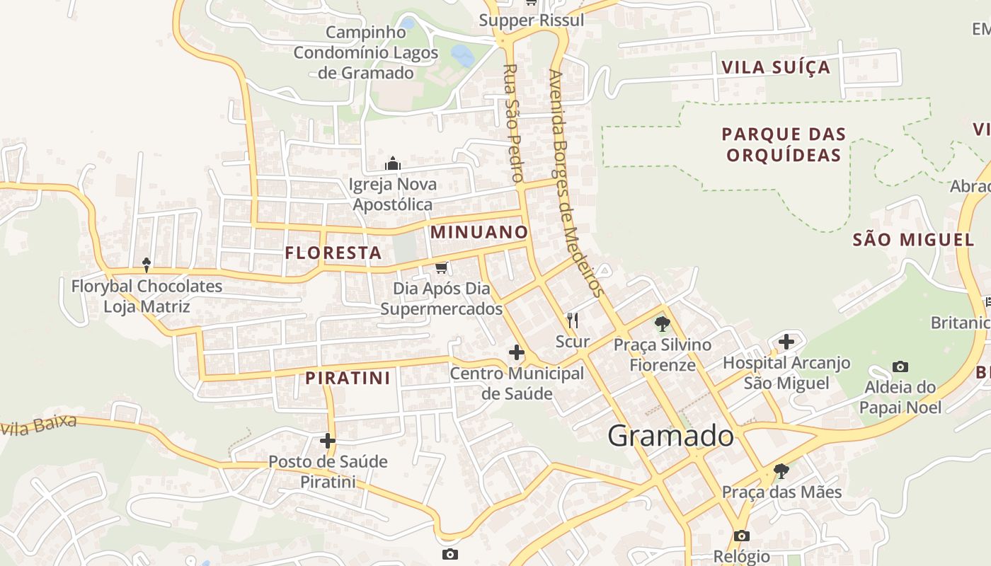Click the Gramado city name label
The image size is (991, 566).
670,436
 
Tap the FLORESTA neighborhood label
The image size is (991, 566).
333,253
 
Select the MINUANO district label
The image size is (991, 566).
479,232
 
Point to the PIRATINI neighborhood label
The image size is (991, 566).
348,378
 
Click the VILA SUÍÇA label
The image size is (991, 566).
775,68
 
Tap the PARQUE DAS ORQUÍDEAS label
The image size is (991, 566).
784,144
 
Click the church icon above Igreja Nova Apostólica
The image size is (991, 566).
393,164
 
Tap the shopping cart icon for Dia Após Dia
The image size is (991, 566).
442,267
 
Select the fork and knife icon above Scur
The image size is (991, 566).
573,320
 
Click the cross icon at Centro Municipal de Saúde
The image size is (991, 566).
517,352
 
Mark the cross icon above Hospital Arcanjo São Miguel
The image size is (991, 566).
786,342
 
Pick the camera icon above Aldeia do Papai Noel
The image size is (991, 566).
900,366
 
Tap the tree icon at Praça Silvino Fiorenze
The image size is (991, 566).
662,324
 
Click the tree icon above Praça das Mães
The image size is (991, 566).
781,470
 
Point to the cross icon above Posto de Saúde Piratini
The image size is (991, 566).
327,441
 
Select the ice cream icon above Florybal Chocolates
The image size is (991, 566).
147,265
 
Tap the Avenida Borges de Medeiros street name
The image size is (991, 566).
575,184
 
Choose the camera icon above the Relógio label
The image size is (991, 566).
741,536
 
